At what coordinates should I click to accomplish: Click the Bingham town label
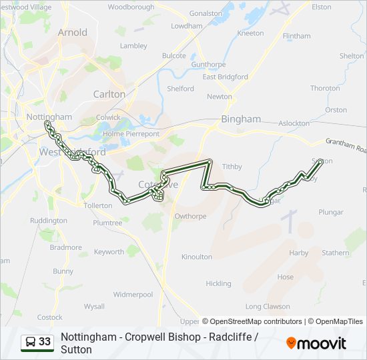point(241,119)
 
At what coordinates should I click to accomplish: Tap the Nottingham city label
point(49,117)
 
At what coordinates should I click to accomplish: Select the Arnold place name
point(72,32)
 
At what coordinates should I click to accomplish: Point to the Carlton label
point(109,94)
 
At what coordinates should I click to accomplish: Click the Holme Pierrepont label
point(131,133)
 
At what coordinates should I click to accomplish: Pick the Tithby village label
point(232,167)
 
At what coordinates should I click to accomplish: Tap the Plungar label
point(331,212)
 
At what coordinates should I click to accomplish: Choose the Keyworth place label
point(109,252)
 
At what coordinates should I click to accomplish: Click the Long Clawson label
point(268,307)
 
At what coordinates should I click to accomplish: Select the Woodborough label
point(131,7)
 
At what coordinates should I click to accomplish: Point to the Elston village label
point(322,7)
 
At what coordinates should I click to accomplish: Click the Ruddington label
point(49,220)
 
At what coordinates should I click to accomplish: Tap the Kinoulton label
point(197,256)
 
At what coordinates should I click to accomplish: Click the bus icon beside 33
point(31,342)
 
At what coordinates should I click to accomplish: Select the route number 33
point(45,342)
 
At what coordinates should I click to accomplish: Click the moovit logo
point(316,343)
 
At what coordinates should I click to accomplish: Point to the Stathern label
point(336,253)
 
